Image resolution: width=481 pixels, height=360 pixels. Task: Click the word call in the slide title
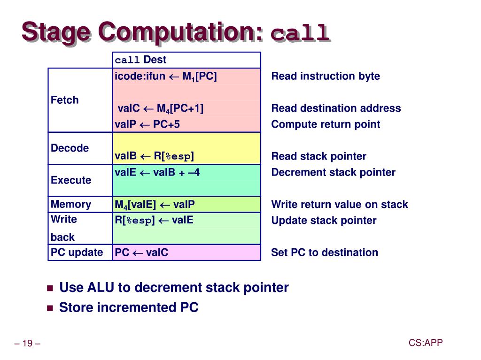(299, 33)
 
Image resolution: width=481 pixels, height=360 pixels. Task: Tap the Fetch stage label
(65, 100)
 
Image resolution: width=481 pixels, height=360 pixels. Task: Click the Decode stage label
(70, 148)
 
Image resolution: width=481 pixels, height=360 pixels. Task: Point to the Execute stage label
(71, 180)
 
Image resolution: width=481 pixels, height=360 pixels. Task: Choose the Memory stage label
(71, 204)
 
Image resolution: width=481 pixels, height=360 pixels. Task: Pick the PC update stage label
(77, 253)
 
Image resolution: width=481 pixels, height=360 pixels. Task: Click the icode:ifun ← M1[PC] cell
(165, 77)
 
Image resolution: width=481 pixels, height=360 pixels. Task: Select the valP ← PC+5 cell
(147, 124)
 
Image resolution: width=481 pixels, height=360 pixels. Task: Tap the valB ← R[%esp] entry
(154, 156)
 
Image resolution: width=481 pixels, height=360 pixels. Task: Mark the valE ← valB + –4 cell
(157, 172)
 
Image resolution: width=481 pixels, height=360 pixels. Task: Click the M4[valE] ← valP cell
(155, 205)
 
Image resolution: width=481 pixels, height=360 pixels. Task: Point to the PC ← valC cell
(141, 253)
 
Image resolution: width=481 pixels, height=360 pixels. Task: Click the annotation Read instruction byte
(326, 77)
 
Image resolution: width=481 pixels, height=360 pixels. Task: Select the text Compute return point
(326, 124)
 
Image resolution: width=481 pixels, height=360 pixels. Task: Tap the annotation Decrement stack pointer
(333, 172)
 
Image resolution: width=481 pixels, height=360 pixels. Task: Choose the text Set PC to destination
(324, 253)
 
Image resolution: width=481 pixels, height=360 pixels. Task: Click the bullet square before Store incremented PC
(50, 308)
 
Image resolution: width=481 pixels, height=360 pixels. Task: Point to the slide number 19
(27, 344)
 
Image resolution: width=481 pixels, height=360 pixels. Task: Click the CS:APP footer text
(425, 343)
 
